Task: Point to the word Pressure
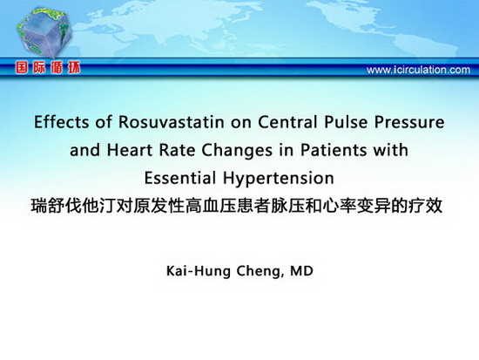[x=409, y=122]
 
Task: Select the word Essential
[x=180, y=178]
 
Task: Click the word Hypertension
[x=279, y=179]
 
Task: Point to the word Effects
[x=61, y=122]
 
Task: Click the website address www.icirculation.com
[x=418, y=70]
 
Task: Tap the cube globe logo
[x=44, y=32]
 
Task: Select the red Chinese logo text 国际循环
[x=48, y=68]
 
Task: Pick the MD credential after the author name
[x=301, y=271]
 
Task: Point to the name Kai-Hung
[x=199, y=272]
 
